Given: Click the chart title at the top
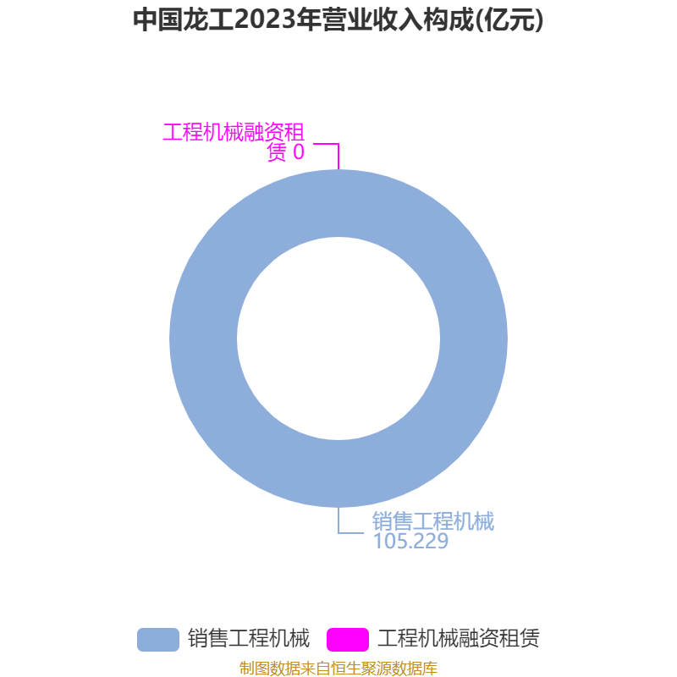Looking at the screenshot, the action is [x=338, y=19].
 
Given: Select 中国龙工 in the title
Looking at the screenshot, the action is [x=184, y=19].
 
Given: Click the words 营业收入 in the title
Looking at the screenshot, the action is [x=372, y=19].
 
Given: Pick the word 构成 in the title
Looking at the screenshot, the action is [x=449, y=19].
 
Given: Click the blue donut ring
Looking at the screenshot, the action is [x=203, y=338].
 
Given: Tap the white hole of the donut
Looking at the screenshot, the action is [x=338, y=338].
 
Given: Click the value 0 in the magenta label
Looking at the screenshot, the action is [x=299, y=152].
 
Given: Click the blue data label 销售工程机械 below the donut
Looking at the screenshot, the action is [x=433, y=521].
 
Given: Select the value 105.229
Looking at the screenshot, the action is [x=410, y=541].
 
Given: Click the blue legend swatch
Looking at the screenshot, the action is [x=158, y=640].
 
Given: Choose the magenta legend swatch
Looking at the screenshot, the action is [x=348, y=640].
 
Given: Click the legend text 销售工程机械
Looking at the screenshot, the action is [x=249, y=639].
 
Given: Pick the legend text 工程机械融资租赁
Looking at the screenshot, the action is [x=459, y=639].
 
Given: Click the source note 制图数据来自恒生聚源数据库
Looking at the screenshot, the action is [x=338, y=668].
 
